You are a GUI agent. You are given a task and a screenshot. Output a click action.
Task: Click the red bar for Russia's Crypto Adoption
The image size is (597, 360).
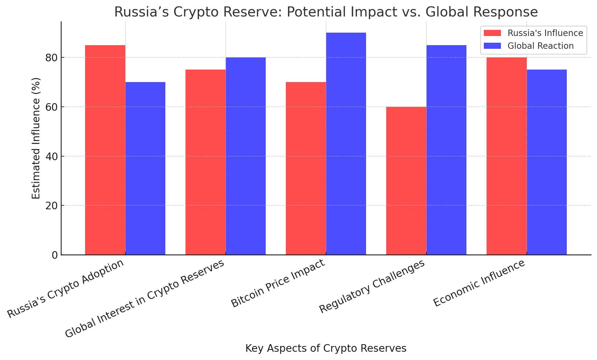point(105,149)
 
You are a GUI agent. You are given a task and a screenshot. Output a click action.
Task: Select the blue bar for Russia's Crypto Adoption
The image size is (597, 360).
point(145,168)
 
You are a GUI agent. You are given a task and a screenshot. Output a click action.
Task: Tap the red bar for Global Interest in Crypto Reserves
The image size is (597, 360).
point(206,162)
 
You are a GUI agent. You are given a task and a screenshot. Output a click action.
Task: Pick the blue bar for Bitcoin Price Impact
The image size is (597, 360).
point(346,143)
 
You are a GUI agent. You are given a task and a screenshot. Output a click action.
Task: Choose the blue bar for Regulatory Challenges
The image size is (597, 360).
point(446,149)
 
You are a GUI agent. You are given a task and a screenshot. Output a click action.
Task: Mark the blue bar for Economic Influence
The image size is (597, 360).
point(547,162)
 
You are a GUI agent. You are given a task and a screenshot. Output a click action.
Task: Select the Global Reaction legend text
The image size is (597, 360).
point(541,46)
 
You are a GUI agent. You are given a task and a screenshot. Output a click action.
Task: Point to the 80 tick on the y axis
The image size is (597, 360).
point(53,58)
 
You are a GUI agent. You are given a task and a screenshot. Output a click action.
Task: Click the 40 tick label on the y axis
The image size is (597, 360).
point(53,156)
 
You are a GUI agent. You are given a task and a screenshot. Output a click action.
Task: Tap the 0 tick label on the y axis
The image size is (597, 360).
point(55,255)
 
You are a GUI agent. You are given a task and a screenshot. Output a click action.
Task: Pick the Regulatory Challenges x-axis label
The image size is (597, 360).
point(372,287)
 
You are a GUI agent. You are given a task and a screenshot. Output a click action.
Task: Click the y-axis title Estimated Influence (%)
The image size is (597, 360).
point(36,138)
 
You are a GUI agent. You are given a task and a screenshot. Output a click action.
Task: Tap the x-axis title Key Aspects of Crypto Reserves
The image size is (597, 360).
point(326,348)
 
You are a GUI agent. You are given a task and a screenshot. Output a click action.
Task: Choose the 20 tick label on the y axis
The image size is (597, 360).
point(53,206)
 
